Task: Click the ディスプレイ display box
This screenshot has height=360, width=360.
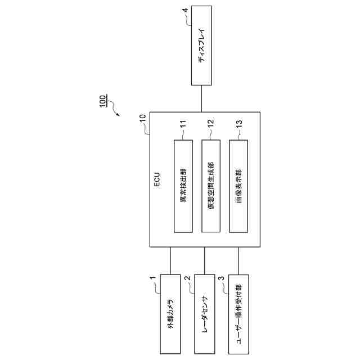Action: pos(201,45)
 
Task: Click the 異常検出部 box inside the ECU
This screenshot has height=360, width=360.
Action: pos(184,186)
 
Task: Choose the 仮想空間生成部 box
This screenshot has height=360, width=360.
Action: pos(211,186)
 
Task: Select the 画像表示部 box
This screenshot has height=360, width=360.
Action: pos(238,186)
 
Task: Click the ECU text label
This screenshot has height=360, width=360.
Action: pos(158,178)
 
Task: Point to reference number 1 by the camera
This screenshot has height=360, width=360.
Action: pos(152,278)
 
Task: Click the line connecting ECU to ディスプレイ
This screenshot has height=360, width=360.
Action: pos(201,98)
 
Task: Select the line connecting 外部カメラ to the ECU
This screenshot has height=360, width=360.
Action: pos(170,260)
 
